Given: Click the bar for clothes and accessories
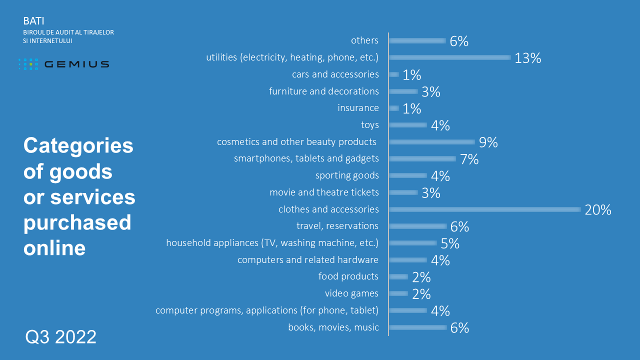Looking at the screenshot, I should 484,209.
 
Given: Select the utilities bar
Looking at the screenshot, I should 449,57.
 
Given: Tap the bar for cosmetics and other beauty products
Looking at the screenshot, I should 431,142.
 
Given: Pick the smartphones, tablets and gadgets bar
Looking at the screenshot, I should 421,159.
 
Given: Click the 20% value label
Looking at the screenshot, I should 598,210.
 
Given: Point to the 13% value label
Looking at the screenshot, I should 528,58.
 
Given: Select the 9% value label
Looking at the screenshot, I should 488,142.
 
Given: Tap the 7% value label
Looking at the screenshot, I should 469,159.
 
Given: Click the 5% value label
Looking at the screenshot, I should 450,243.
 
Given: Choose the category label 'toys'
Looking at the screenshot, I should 369,125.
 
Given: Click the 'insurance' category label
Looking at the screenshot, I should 358,108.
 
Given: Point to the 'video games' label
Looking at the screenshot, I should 351,293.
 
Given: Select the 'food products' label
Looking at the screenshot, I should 348,276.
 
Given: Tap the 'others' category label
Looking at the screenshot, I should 364,40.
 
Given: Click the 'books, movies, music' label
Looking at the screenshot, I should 333,327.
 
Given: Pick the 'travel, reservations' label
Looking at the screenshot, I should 337,226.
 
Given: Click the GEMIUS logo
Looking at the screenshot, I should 64,64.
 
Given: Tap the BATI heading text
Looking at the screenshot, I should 33,21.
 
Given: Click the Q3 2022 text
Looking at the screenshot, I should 61,337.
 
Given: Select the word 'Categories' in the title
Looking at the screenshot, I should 78,146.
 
